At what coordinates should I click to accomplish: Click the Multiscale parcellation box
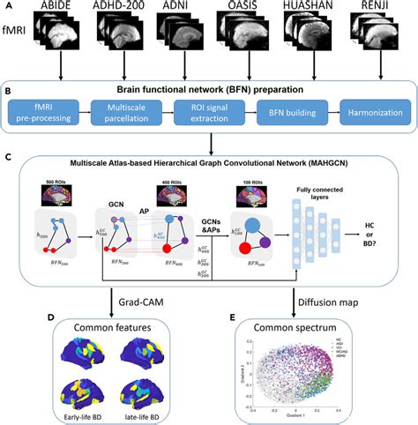pyautogui.click(x=132, y=114)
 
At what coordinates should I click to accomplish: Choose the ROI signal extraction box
pyautogui.click(x=205, y=114)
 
